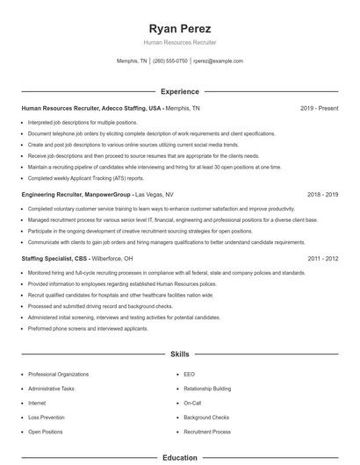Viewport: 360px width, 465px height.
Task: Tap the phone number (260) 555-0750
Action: [170, 61]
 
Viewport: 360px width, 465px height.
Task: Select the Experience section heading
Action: [179, 91]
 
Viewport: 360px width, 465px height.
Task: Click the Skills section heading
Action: [179, 354]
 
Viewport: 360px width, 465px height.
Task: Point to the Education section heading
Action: [179, 457]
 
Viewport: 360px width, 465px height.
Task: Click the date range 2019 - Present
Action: [319, 108]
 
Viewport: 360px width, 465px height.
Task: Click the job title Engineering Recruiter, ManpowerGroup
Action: [76, 194]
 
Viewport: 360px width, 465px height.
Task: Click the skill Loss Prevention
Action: [47, 418]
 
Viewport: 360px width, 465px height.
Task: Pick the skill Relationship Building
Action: [208, 388]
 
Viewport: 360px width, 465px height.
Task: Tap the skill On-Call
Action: [192, 403]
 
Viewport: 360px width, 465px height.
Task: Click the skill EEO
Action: [189, 374]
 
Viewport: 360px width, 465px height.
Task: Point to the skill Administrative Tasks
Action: [51, 388]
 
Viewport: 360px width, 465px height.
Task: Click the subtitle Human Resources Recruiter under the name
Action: [179, 42]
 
